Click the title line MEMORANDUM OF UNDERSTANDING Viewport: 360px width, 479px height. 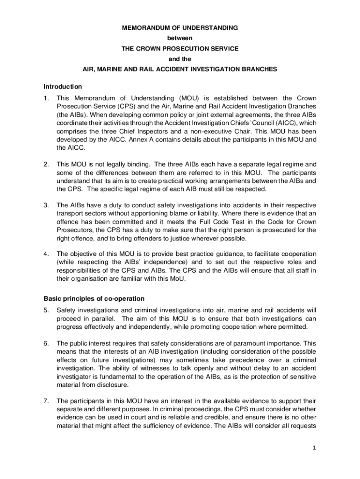coord(180,28)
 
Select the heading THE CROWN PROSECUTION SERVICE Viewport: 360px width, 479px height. coord(180,49)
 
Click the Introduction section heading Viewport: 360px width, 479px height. coord(63,87)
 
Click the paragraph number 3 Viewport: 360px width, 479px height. coord(46,205)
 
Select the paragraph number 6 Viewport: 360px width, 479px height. coord(46,343)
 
